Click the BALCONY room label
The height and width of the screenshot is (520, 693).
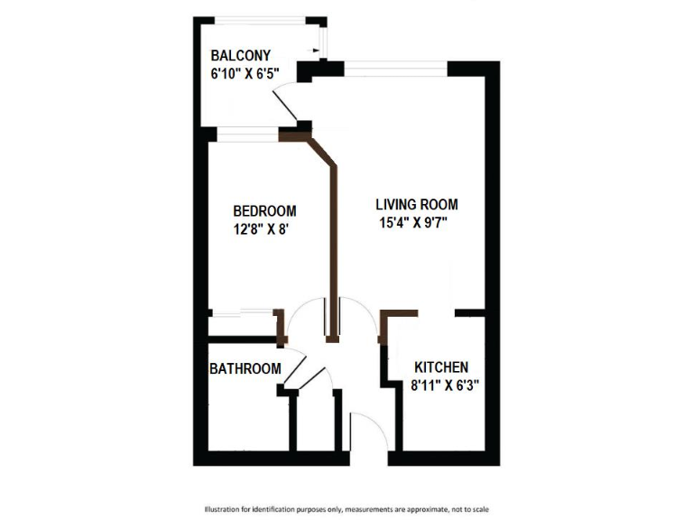pyautogui.click(x=240, y=55)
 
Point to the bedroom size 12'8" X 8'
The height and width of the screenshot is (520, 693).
pyautogui.click(x=260, y=229)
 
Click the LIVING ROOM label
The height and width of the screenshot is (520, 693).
pyautogui.click(x=417, y=205)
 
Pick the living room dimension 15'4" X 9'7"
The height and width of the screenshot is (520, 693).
pyautogui.click(x=415, y=223)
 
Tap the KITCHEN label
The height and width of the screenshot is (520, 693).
pyautogui.click(x=441, y=367)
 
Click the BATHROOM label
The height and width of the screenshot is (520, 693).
pyautogui.click(x=245, y=369)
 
